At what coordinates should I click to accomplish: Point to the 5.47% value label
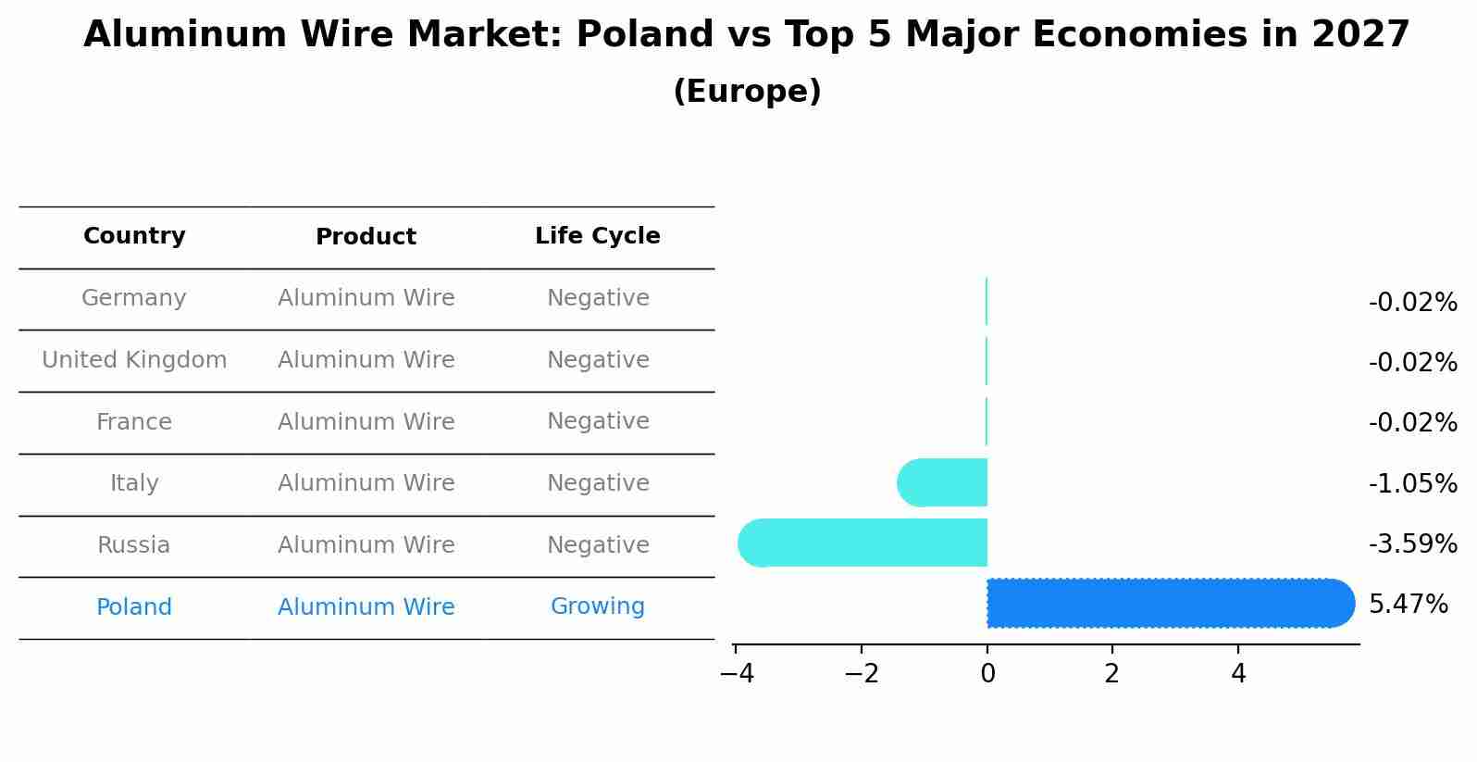pyautogui.click(x=1408, y=605)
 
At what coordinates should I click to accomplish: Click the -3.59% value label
pyautogui.click(x=1412, y=543)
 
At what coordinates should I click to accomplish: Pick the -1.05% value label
pyautogui.click(x=1412, y=483)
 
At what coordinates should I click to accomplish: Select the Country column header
pyautogui.click(x=134, y=236)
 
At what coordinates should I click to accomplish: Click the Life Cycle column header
pyautogui.click(x=597, y=236)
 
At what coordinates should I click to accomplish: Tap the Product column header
pyautogui.click(x=366, y=237)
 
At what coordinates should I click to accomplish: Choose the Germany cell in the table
pyautogui.click(x=134, y=298)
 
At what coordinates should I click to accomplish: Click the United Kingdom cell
pyautogui.click(x=134, y=360)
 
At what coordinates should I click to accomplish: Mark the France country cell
pyautogui.click(x=134, y=422)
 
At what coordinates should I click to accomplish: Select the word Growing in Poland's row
pyautogui.click(x=597, y=606)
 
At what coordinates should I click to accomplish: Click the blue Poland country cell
pyautogui.click(x=134, y=607)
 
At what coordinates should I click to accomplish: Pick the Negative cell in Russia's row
pyautogui.click(x=597, y=545)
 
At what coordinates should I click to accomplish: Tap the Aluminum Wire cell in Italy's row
pyautogui.click(x=366, y=483)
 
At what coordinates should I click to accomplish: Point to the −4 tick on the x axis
pyautogui.click(x=737, y=673)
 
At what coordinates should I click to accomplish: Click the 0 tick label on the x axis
pyautogui.click(x=987, y=674)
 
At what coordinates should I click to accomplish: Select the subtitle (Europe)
pyautogui.click(x=747, y=92)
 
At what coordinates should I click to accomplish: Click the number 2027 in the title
pyautogui.click(x=1360, y=35)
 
